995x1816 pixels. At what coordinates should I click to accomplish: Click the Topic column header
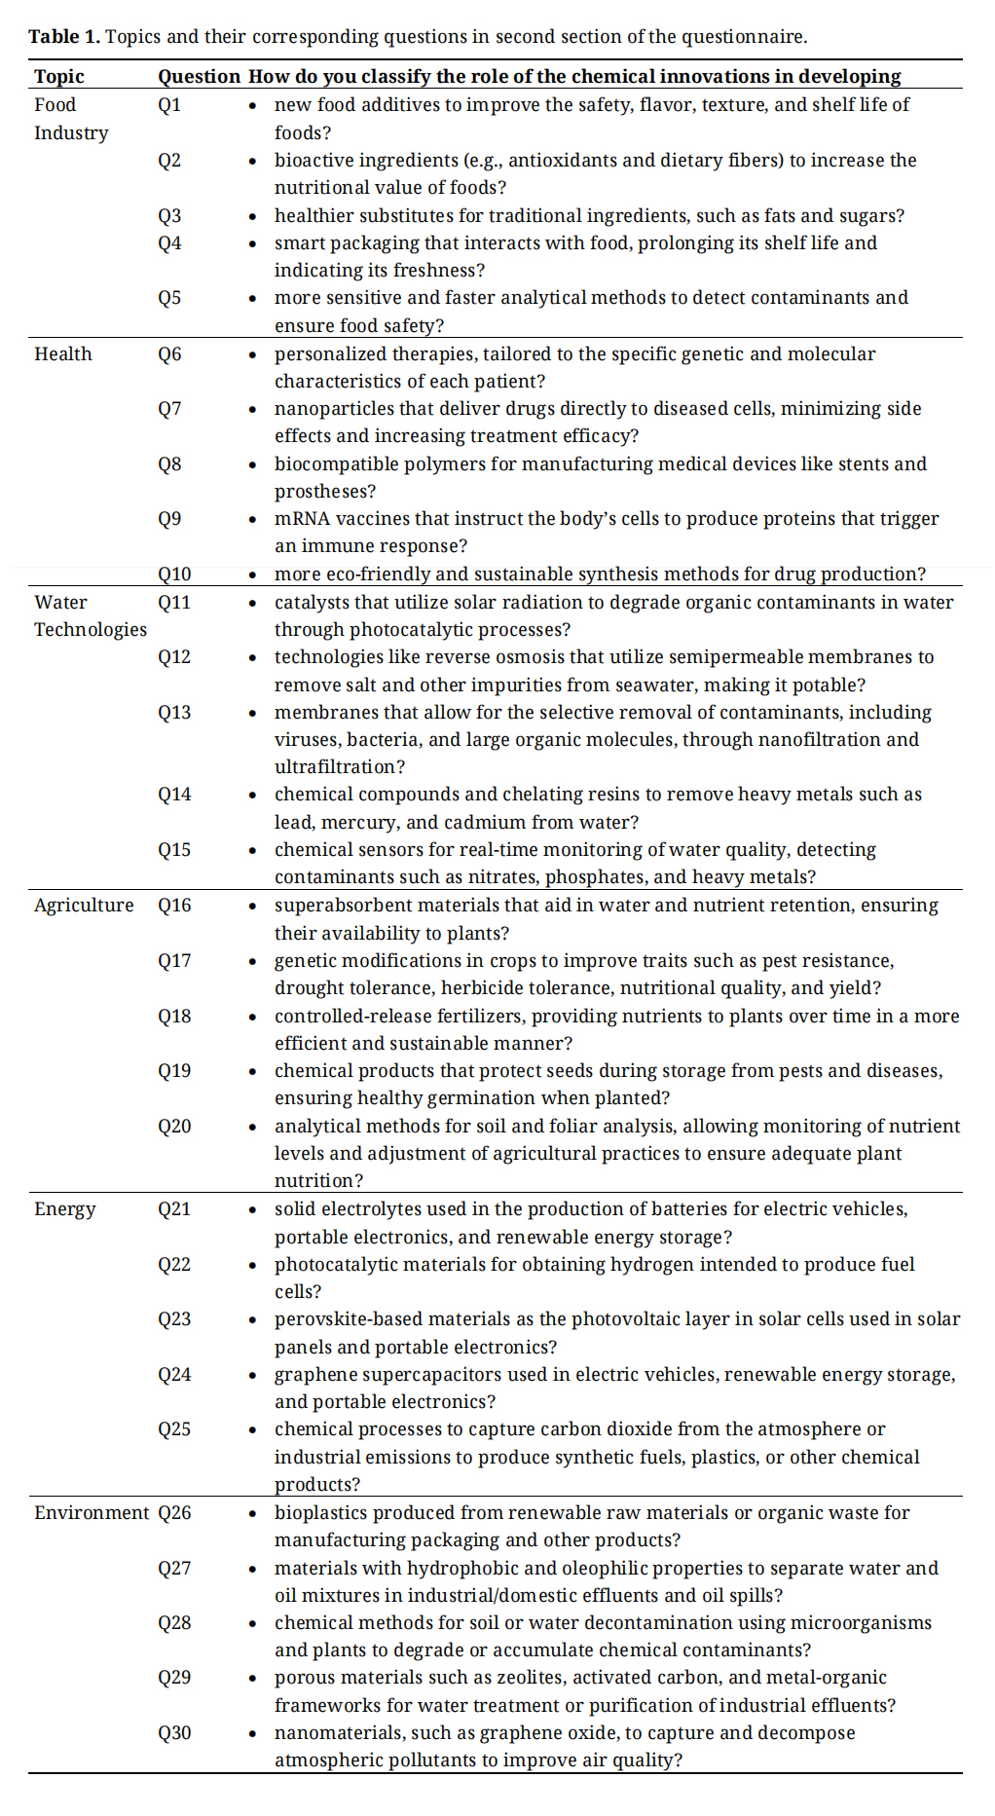(59, 76)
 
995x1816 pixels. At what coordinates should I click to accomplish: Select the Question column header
(199, 76)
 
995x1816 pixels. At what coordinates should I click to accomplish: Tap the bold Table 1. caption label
(64, 37)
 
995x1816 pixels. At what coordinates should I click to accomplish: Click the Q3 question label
(169, 215)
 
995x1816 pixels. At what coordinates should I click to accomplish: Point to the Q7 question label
(169, 409)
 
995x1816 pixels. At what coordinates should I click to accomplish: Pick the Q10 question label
(174, 574)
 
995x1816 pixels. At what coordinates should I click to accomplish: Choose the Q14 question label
(174, 795)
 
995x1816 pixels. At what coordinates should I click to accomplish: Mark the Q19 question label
(174, 1071)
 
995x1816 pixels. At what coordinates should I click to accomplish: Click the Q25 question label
(174, 1429)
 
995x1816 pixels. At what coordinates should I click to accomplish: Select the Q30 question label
(174, 1733)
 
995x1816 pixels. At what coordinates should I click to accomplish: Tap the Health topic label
(63, 354)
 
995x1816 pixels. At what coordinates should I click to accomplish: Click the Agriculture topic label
(84, 906)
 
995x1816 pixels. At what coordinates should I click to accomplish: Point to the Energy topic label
(65, 1209)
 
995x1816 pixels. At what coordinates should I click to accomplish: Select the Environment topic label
(92, 1513)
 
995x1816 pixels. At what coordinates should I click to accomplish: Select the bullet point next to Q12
(253, 658)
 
